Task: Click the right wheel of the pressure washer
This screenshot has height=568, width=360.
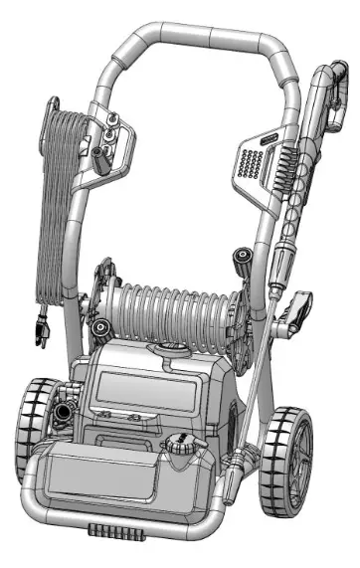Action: (x=289, y=454)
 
